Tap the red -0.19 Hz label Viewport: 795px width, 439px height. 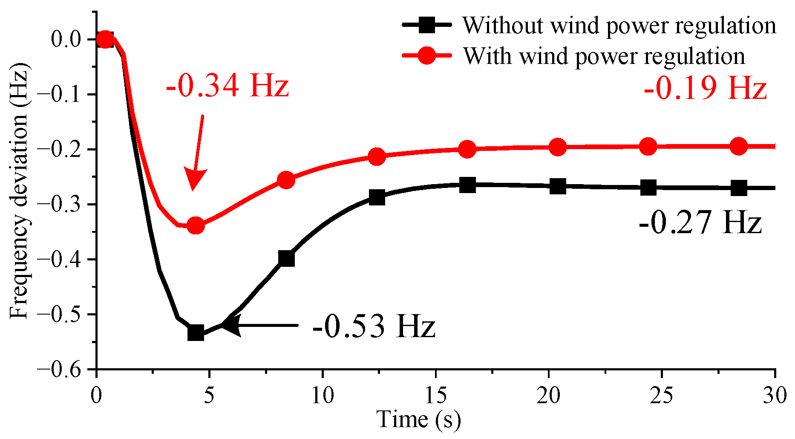tap(705, 89)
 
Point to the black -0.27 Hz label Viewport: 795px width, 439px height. tap(700, 222)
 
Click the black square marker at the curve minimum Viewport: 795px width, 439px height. tap(196, 332)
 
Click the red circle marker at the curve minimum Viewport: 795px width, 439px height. tap(196, 225)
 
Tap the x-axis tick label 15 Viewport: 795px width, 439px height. tap(435, 396)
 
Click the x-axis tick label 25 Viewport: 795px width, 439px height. tap(661, 396)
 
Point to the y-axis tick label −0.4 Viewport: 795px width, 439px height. tap(65, 259)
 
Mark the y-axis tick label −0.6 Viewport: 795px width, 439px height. tap(65, 369)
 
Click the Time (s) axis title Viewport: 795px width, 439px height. tap(418, 419)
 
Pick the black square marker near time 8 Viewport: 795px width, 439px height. tap(286, 258)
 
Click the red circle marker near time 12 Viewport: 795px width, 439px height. tap(377, 157)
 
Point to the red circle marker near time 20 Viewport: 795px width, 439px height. tap(557, 147)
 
